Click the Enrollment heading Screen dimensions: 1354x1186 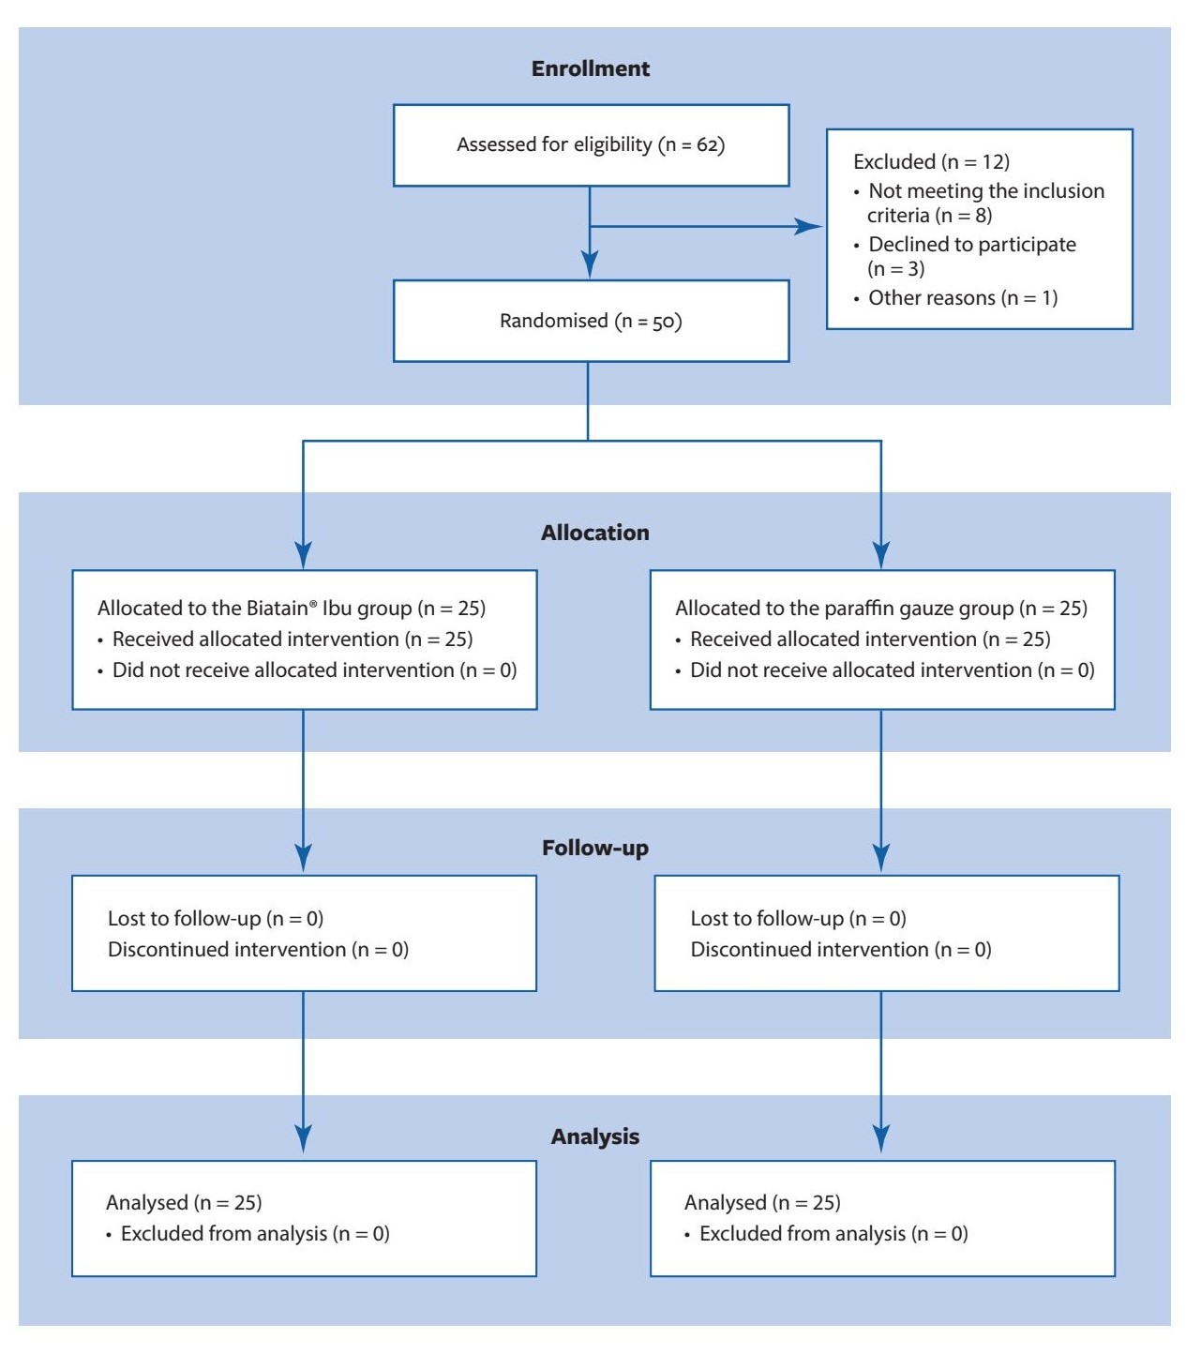coord(590,68)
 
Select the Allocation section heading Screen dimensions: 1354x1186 coord(594,533)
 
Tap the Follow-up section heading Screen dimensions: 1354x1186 coord(594,848)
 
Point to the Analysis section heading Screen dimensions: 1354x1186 coord(594,1136)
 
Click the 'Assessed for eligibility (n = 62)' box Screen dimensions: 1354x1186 coord(591,144)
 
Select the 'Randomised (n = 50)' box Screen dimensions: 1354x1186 coord(591,321)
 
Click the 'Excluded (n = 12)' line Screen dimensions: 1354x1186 coord(931,161)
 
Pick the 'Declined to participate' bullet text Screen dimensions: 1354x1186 coord(971,245)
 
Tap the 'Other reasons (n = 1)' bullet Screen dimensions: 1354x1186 coord(962,298)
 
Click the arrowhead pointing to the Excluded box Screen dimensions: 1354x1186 coord(808,226)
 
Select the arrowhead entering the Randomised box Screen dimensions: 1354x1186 coord(590,264)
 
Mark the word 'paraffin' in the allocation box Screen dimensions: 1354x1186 coord(861,608)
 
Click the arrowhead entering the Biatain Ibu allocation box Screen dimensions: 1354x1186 coord(303,555)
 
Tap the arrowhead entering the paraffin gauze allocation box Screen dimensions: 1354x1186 coord(881,555)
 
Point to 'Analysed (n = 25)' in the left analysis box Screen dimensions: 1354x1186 coord(184,1202)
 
